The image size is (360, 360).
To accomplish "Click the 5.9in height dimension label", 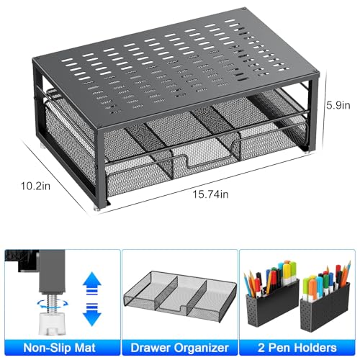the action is tap(338, 105).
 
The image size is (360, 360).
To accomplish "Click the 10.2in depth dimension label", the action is tap(35, 186).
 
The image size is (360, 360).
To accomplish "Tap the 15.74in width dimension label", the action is tap(211, 194).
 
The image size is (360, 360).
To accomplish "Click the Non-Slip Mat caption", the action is tap(60, 348).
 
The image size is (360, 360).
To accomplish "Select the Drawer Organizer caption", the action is tap(179, 348).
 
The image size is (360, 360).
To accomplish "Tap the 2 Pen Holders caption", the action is tap(297, 348).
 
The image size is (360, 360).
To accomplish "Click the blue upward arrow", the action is tap(92, 283).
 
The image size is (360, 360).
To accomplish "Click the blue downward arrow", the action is tap(92, 315).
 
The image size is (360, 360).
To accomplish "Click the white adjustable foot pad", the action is tap(53, 323).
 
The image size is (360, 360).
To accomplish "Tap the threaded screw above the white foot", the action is tap(53, 302).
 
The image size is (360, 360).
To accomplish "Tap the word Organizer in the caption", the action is tap(201, 348).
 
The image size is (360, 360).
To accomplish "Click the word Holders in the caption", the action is tap(315, 348).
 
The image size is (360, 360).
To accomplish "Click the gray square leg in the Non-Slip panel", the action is tap(52, 271).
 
